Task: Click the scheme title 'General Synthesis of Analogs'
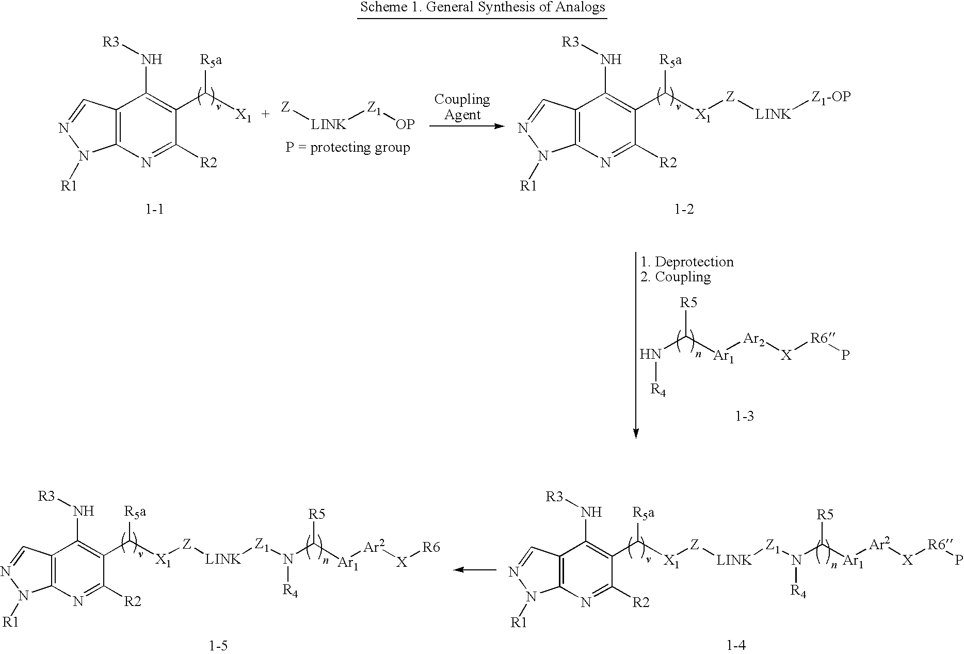click(x=482, y=8)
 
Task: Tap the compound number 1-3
click(x=744, y=416)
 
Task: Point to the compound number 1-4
click(x=736, y=645)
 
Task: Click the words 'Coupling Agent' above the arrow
click(x=462, y=107)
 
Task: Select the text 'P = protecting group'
click(x=348, y=148)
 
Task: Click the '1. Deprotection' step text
click(x=687, y=262)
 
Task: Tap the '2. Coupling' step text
click(x=676, y=277)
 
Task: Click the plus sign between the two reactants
click(x=266, y=114)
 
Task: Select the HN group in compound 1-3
click(x=650, y=355)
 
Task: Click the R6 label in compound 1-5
click(x=431, y=547)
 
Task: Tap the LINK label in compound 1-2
click(x=773, y=114)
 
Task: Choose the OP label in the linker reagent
click(x=405, y=124)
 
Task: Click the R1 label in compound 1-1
click(x=69, y=186)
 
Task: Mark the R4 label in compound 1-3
click(x=658, y=390)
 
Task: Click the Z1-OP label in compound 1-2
click(x=830, y=97)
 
